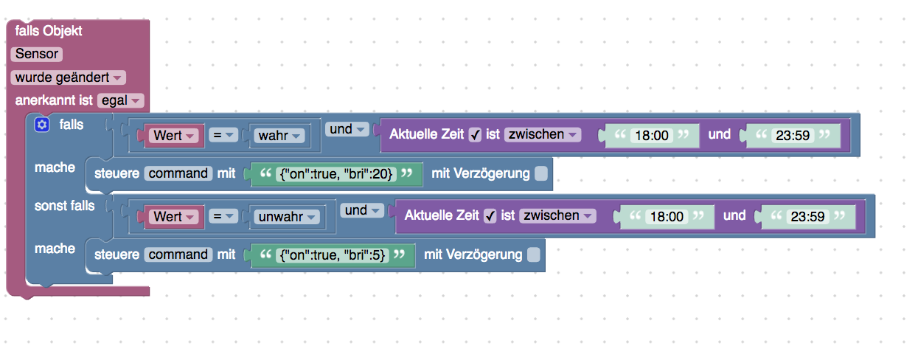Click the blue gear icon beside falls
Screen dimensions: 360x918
pyautogui.click(x=42, y=125)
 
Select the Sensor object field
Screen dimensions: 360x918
pyautogui.click(x=36, y=54)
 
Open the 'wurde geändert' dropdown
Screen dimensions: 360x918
pyautogui.click(x=68, y=77)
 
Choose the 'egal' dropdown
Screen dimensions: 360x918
pyautogui.click(x=120, y=100)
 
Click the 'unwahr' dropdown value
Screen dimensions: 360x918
pyautogui.click(x=286, y=217)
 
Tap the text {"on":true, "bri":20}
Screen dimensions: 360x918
pyautogui.click(x=335, y=173)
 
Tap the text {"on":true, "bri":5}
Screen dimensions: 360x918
pyautogui.click(x=332, y=255)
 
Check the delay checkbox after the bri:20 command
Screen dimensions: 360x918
pyautogui.click(x=541, y=173)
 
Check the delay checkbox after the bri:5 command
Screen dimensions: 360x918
pyautogui.click(x=534, y=255)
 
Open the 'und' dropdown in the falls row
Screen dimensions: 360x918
pyautogui.click(x=348, y=130)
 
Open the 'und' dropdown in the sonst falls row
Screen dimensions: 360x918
pyautogui.click(x=363, y=211)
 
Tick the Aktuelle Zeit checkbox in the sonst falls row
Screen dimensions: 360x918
pyautogui.click(x=490, y=216)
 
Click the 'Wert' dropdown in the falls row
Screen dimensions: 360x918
pyautogui.click(x=174, y=136)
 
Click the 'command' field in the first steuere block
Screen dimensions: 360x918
pyautogui.click(x=178, y=173)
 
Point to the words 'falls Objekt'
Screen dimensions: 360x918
pyautogui.click(x=49, y=31)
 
